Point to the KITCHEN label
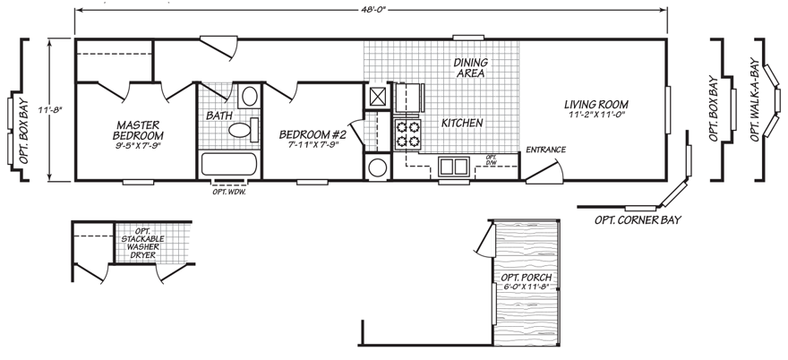point(462,123)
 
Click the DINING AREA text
point(468,68)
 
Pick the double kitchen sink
point(453,166)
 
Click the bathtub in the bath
point(228,165)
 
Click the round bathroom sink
point(250,96)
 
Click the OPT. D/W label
point(491,160)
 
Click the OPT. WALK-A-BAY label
point(758,100)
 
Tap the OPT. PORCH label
point(526,281)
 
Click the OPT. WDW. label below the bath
point(228,192)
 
